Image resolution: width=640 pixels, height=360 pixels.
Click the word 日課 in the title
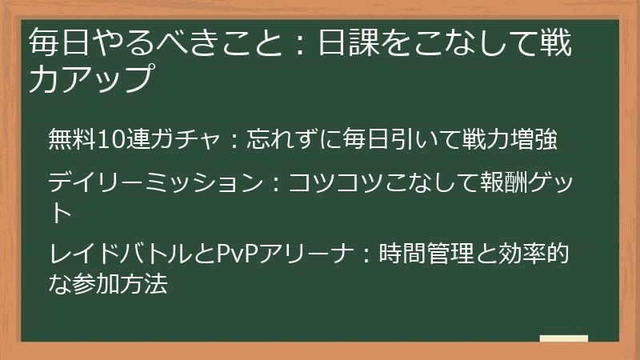[350, 43]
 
